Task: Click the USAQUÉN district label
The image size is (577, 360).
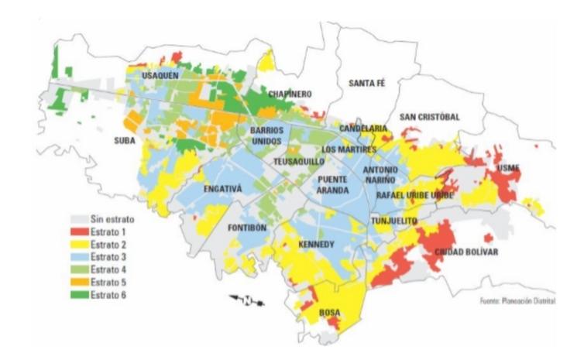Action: coord(160,75)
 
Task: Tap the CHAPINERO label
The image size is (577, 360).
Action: coord(290,94)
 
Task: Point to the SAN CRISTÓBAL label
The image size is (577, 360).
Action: coord(429,116)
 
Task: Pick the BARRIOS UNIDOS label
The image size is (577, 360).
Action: coord(266,135)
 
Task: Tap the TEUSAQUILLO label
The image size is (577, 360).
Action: coord(299,162)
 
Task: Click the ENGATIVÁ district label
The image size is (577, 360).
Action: coord(222,188)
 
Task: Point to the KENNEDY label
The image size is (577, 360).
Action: coord(316,245)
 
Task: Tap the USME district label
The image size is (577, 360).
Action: coord(508,168)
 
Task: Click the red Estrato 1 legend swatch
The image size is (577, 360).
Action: coord(80,231)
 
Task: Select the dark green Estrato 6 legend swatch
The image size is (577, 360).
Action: coord(80,294)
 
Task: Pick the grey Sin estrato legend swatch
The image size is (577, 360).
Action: coord(80,219)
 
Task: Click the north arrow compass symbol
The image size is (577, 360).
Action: coord(246,301)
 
